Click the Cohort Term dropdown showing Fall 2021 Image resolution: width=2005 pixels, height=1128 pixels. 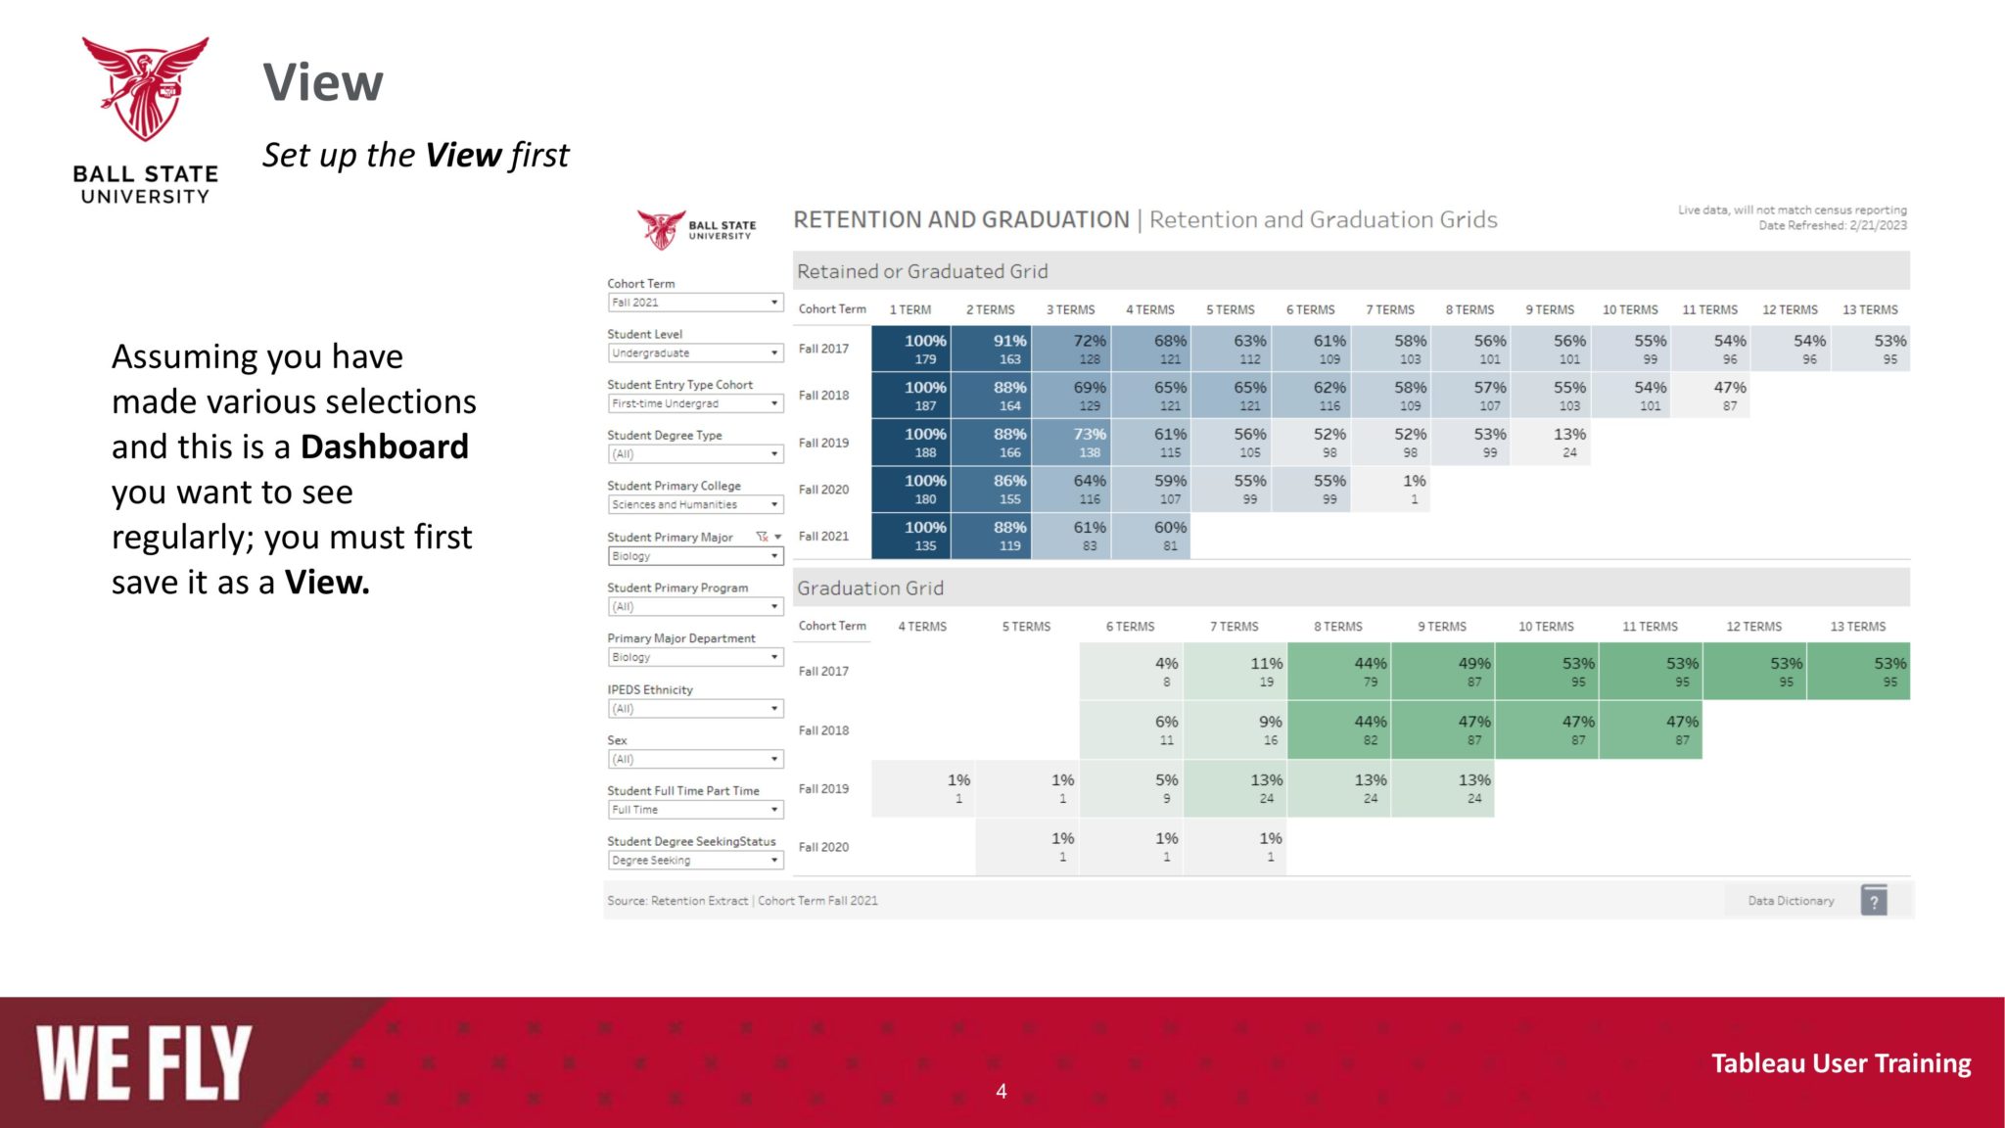pyautogui.click(x=694, y=303)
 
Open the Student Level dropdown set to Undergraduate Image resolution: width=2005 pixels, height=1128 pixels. pyautogui.click(x=694, y=353)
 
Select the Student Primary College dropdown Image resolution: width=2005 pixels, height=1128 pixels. pyautogui.click(x=694, y=505)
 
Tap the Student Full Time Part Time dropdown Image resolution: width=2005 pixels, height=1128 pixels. pyautogui.click(x=694, y=810)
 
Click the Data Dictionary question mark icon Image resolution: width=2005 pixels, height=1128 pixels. pyautogui.click(x=1873, y=901)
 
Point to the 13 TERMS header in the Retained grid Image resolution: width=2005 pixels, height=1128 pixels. pyautogui.click(x=1870, y=309)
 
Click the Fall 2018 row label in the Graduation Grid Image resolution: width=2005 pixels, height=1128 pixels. pyautogui.click(x=823, y=730)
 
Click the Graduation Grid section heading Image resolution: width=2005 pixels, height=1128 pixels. pyautogui.click(x=870, y=588)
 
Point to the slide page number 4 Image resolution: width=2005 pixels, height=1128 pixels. pyautogui.click(x=1002, y=1091)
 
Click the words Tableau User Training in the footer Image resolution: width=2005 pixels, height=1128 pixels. pyautogui.click(x=1841, y=1063)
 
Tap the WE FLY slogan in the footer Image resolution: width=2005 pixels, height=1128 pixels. pyautogui.click(x=144, y=1063)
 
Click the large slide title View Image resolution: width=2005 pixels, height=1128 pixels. pyautogui.click(x=323, y=82)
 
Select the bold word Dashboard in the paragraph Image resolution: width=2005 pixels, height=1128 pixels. pyautogui.click(x=384, y=446)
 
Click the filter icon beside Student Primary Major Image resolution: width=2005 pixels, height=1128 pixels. pyautogui.click(x=762, y=537)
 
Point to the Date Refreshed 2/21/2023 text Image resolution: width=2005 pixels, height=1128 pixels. pyautogui.click(x=1832, y=226)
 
